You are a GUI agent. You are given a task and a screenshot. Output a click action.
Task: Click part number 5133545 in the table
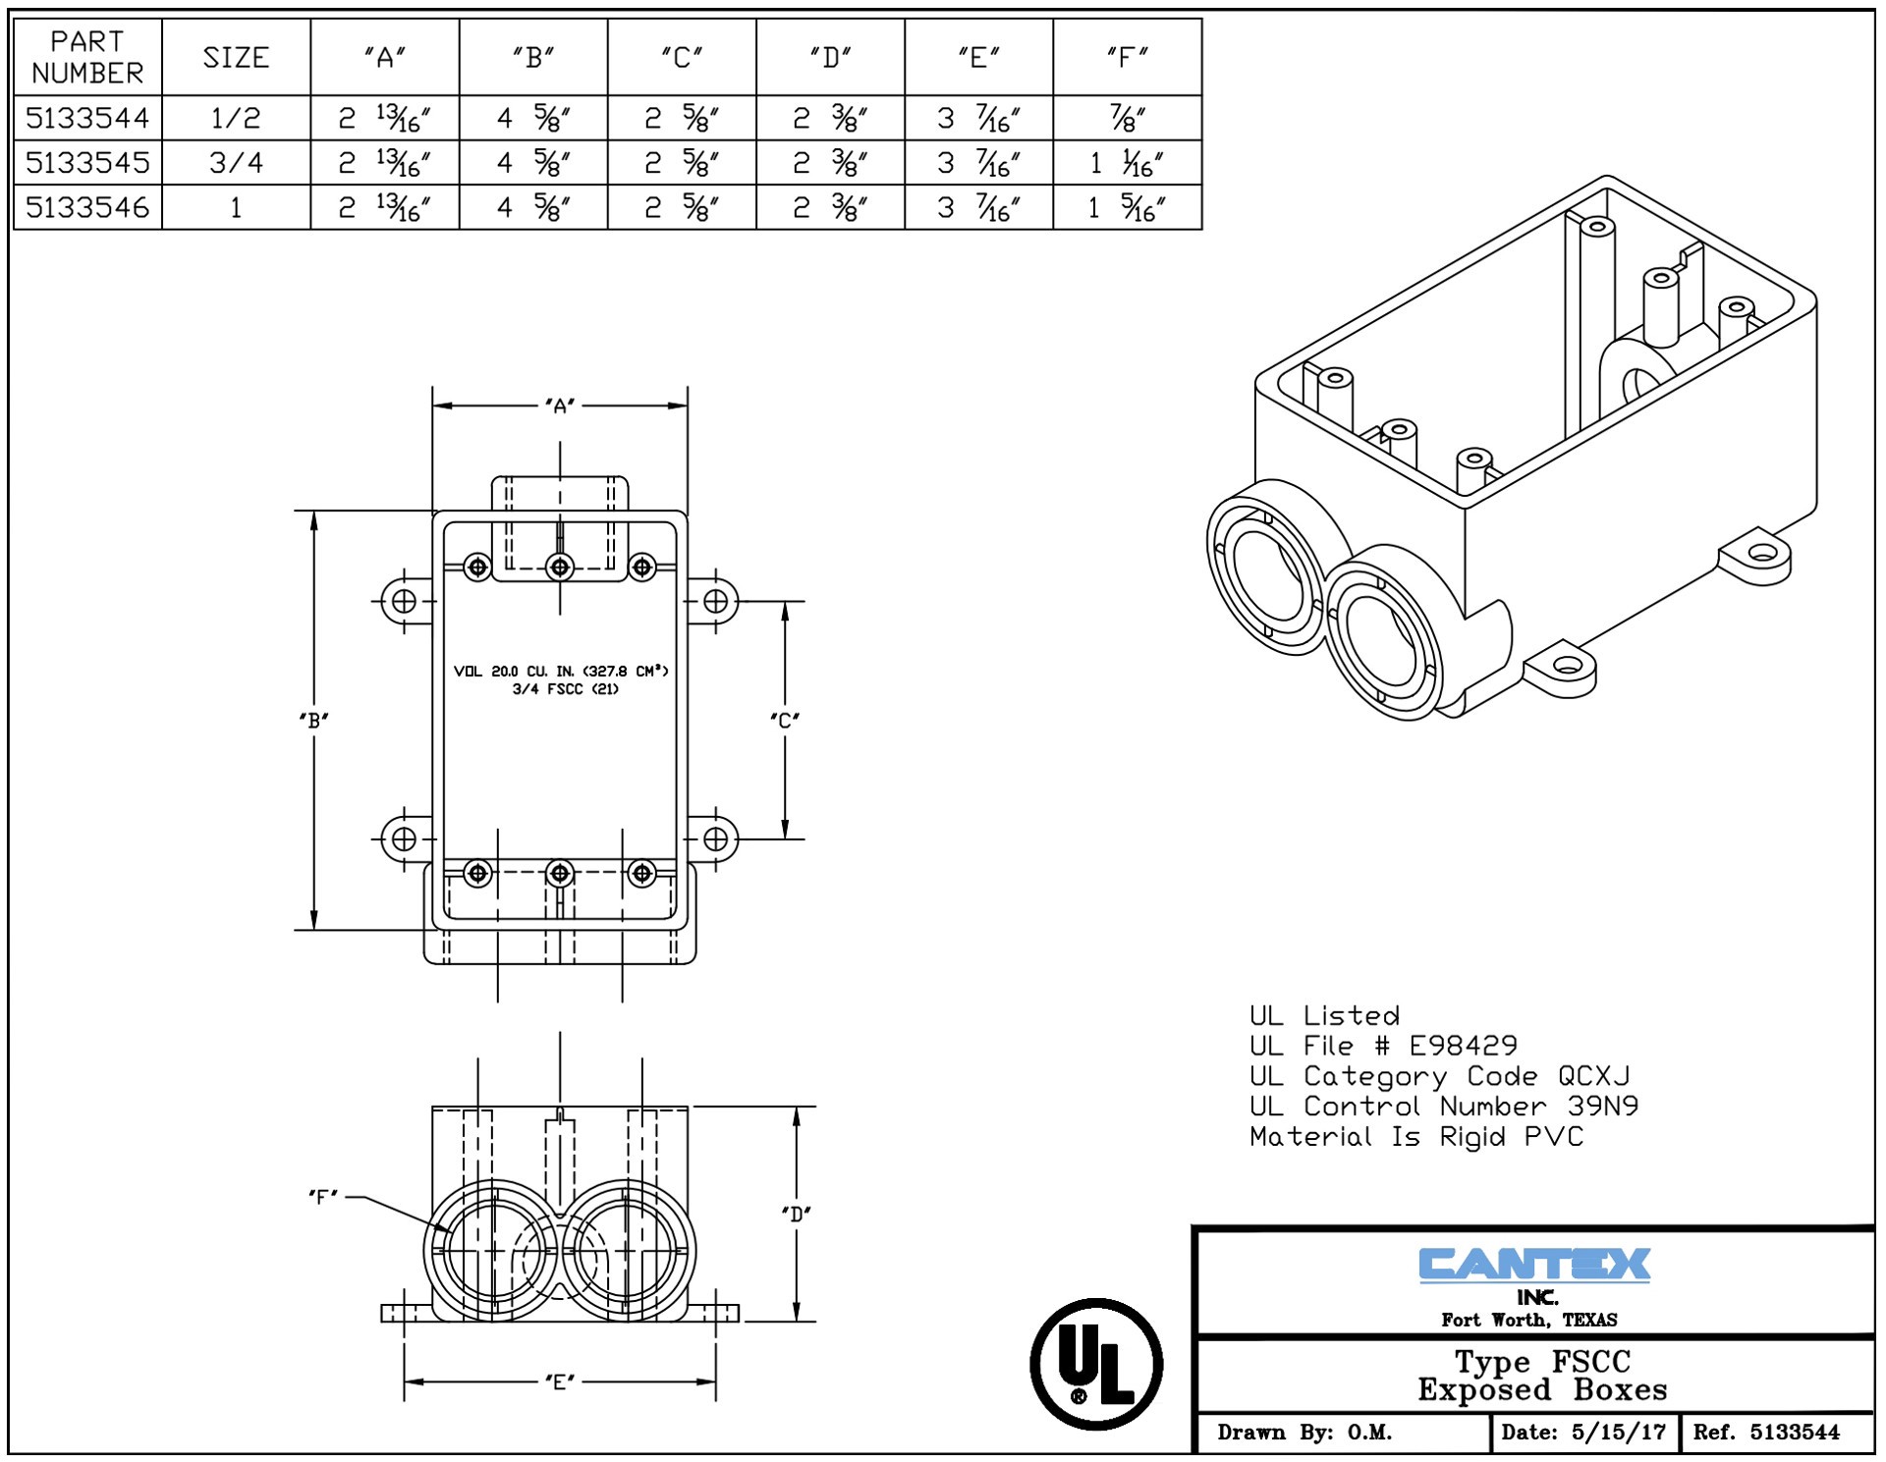click(87, 162)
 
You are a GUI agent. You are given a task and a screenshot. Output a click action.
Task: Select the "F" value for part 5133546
click(1127, 208)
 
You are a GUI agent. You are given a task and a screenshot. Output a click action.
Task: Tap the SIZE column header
click(236, 58)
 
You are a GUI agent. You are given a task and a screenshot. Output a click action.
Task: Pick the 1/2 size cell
click(236, 119)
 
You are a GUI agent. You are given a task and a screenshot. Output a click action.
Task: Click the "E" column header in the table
click(978, 58)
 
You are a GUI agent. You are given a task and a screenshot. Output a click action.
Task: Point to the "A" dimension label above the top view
click(560, 406)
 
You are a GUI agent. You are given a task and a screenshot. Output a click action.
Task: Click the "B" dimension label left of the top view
click(314, 720)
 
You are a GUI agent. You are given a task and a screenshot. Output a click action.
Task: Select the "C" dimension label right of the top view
click(785, 720)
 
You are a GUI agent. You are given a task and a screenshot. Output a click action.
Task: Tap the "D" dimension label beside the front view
click(796, 1214)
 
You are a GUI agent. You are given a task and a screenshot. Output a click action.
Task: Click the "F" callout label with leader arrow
click(323, 1197)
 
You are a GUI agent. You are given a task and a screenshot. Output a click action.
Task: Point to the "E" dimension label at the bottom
click(560, 1381)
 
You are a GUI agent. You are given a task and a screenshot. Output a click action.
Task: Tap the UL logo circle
click(1096, 1364)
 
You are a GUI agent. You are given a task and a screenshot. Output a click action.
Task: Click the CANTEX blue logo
click(1534, 1265)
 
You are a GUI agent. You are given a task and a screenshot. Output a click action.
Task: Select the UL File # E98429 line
click(1383, 1046)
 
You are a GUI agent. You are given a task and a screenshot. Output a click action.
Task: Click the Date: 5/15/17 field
click(1583, 1432)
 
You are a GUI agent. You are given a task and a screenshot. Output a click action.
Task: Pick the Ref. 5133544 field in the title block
click(1765, 1432)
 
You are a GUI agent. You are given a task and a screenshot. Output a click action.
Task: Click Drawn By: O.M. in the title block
click(1304, 1432)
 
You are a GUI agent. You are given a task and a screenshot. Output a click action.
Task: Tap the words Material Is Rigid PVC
click(1416, 1137)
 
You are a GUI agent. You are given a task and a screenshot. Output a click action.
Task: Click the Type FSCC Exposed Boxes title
click(1542, 1376)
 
